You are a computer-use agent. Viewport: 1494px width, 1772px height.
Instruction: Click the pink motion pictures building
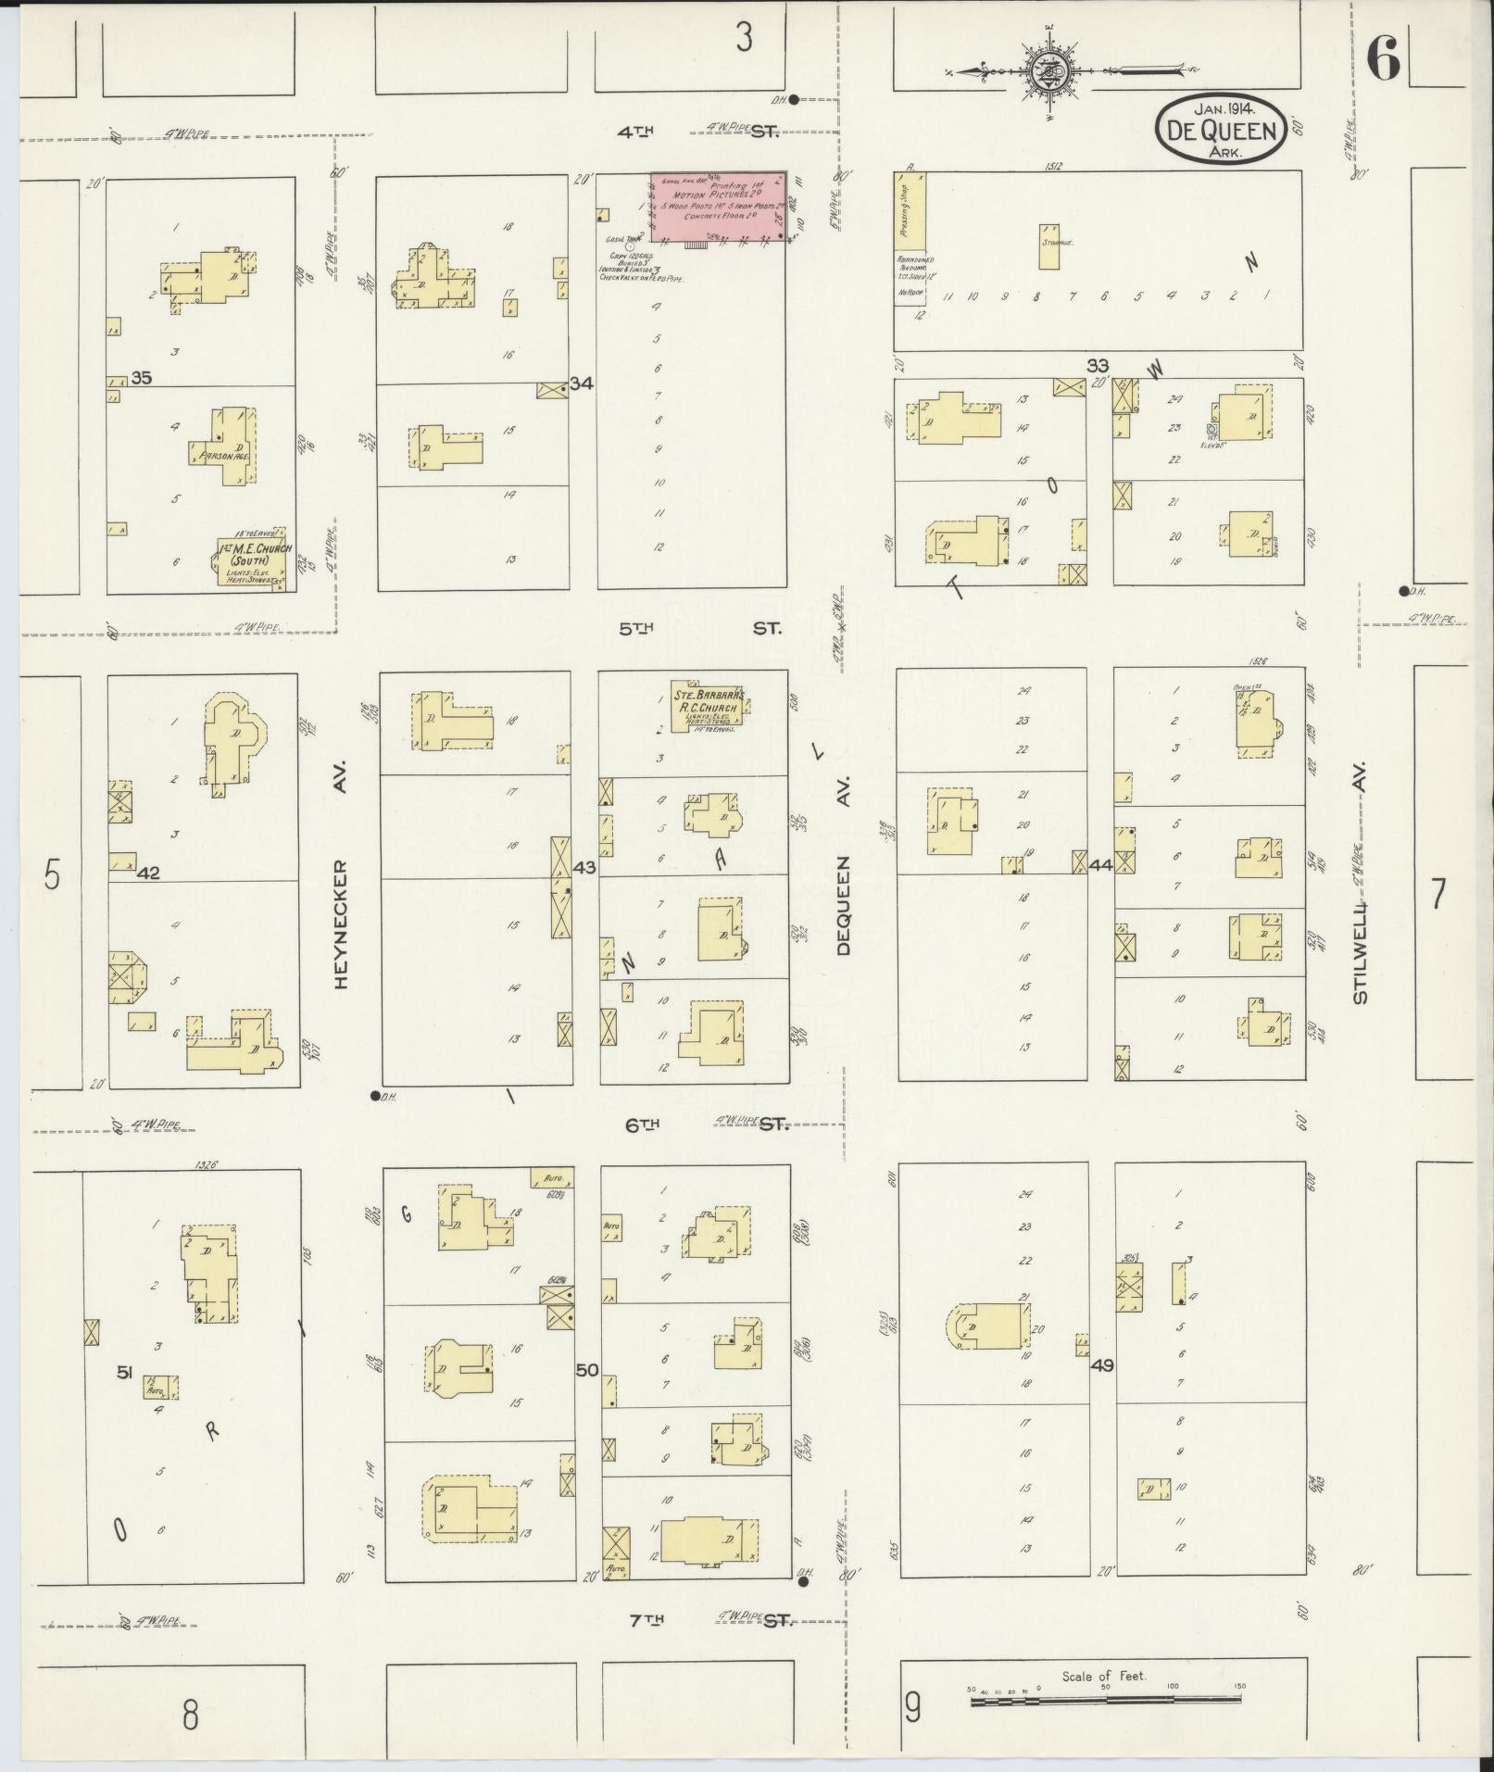719,207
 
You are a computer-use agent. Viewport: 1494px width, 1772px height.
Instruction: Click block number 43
584,868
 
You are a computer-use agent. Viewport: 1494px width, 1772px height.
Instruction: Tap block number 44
1100,865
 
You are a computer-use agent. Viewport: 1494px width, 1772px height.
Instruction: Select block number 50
586,1369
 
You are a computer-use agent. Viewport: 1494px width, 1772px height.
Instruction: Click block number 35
141,378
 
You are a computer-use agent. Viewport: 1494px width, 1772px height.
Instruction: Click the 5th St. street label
701,628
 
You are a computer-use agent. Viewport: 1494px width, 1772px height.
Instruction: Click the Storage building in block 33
1048,245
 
